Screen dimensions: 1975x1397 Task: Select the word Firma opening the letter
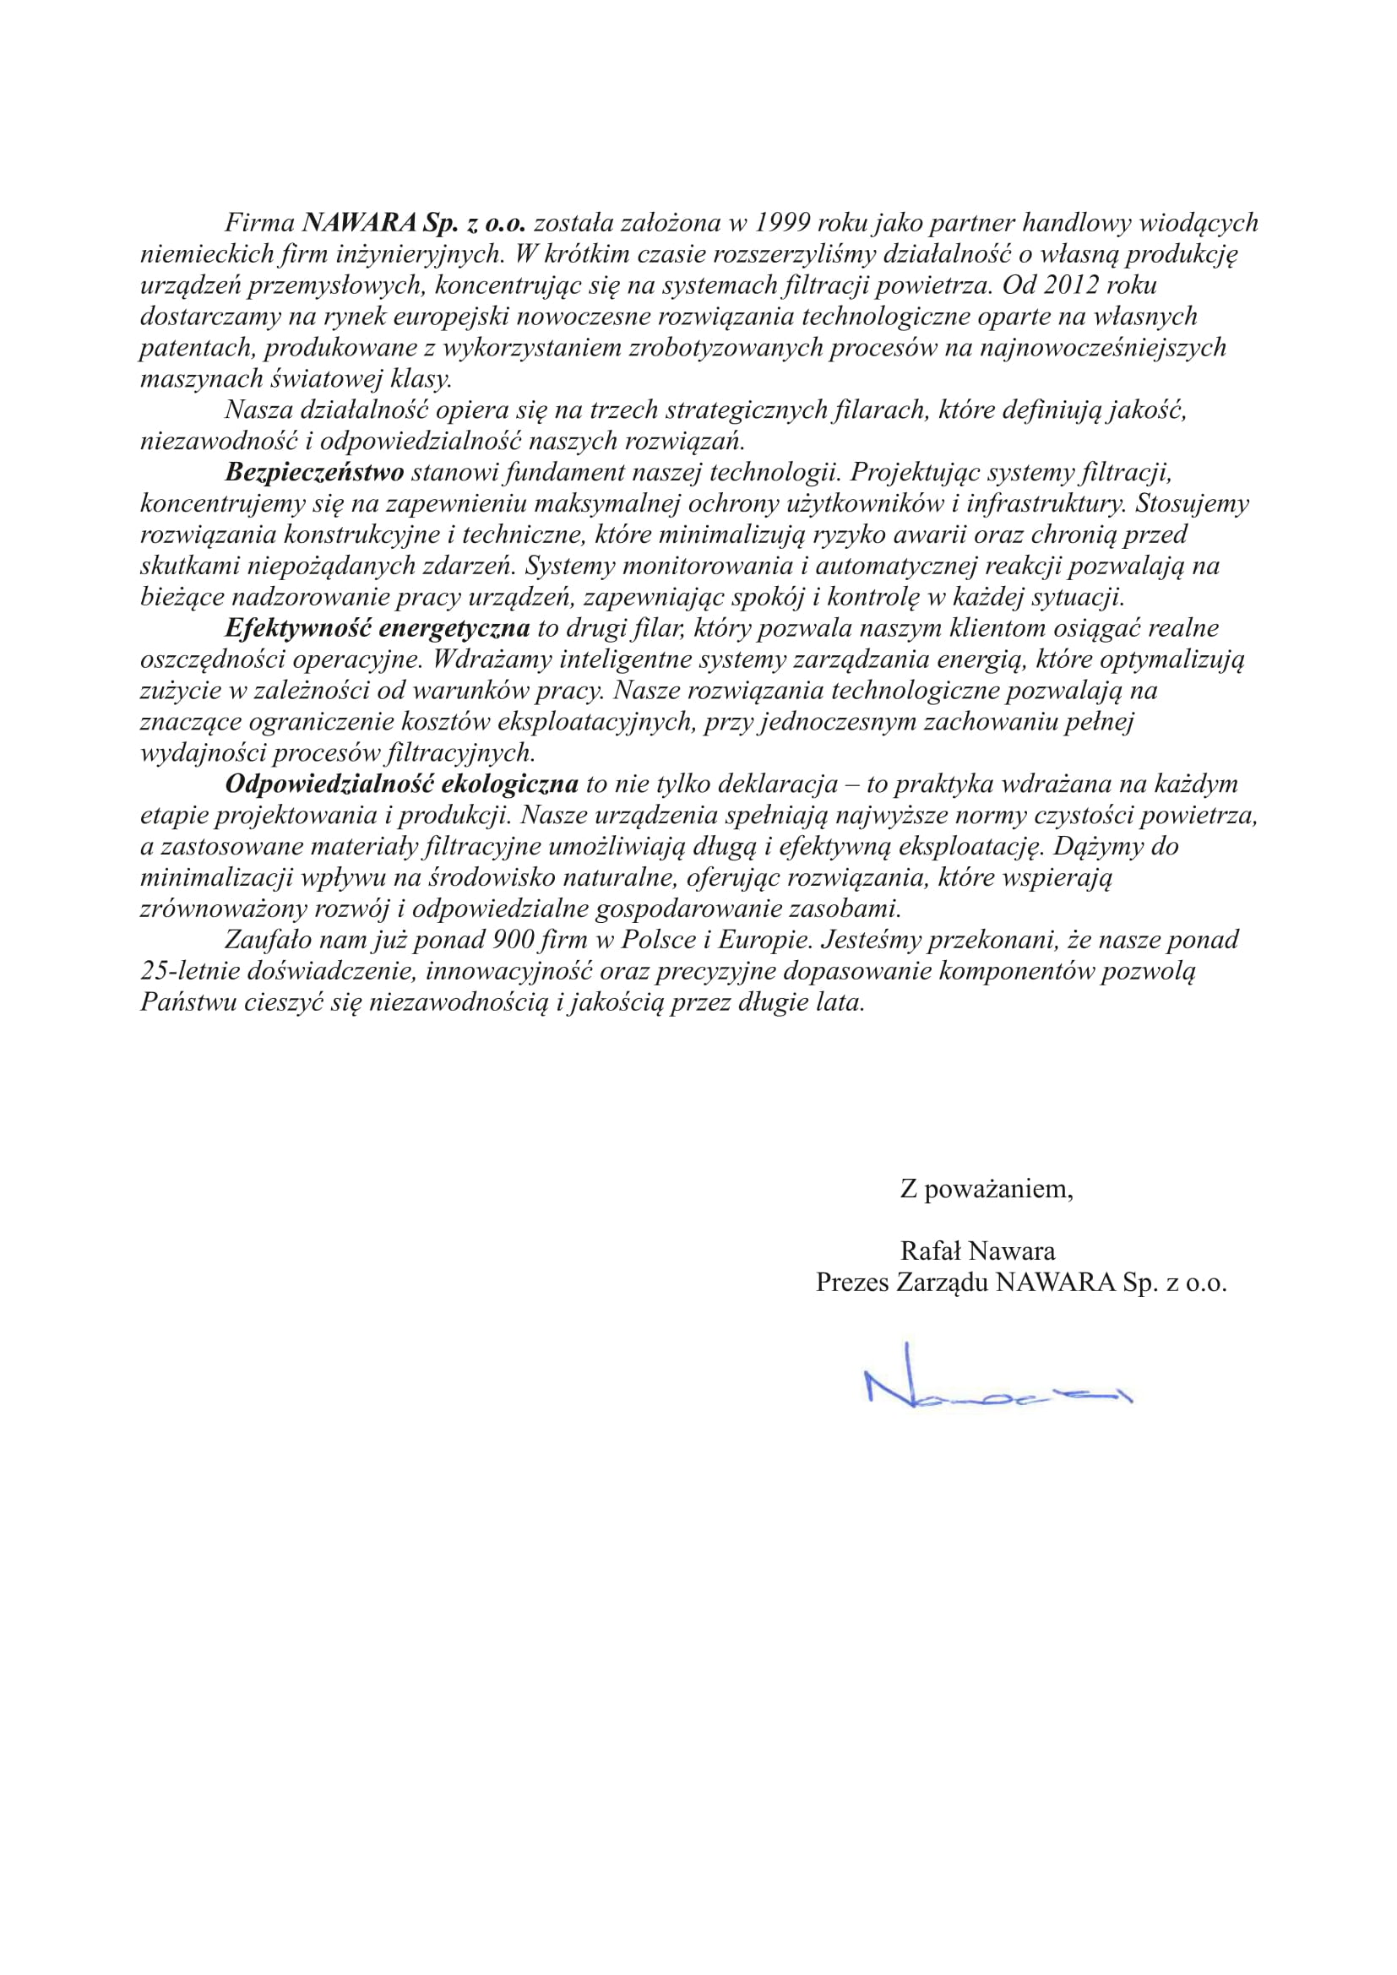pyautogui.click(x=260, y=223)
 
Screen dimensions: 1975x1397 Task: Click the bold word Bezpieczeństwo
pyautogui.click(x=314, y=472)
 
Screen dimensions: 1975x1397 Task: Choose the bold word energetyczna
pyautogui.click(x=454, y=628)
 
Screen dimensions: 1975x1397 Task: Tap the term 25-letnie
pyautogui.click(x=192, y=971)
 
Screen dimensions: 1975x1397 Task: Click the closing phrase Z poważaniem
pyautogui.click(x=986, y=1190)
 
